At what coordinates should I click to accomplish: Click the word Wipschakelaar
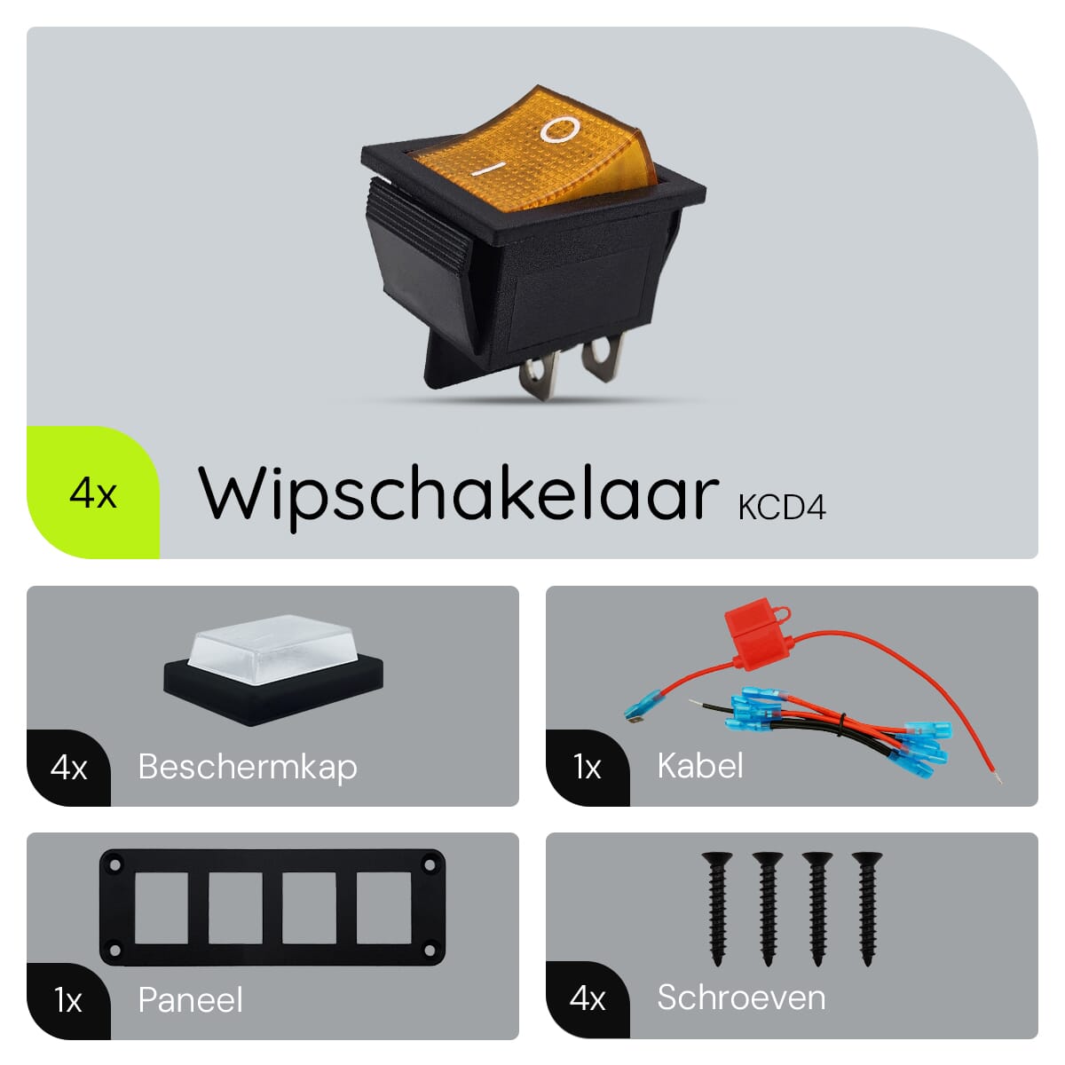pyautogui.click(x=458, y=497)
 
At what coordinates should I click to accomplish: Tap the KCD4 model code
pyautogui.click(x=782, y=507)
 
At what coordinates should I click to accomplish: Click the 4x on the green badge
pyautogui.click(x=93, y=493)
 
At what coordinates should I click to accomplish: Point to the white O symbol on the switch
pyautogui.click(x=560, y=130)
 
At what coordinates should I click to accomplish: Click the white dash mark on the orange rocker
pyautogui.click(x=489, y=169)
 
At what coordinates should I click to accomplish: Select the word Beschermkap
pyautogui.click(x=248, y=768)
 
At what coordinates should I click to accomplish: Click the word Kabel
pyautogui.click(x=699, y=765)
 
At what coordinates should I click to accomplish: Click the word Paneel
pyautogui.click(x=190, y=1000)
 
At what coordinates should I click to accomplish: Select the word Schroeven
pyautogui.click(x=741, y=997)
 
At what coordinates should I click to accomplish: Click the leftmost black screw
pyautogui.click(x=717, y=910)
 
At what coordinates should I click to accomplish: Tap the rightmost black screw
pyautogui.click(x=866, y=910)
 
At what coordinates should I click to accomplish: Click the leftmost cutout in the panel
pyautogui.click(x=162, y=908)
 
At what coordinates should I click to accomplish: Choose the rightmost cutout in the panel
pyautogui.click(x=383, y=908)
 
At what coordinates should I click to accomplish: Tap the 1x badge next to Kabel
pyautogui.click(x=587, y=767)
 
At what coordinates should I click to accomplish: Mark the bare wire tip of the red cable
pyautogui.click(x=998, y=778)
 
